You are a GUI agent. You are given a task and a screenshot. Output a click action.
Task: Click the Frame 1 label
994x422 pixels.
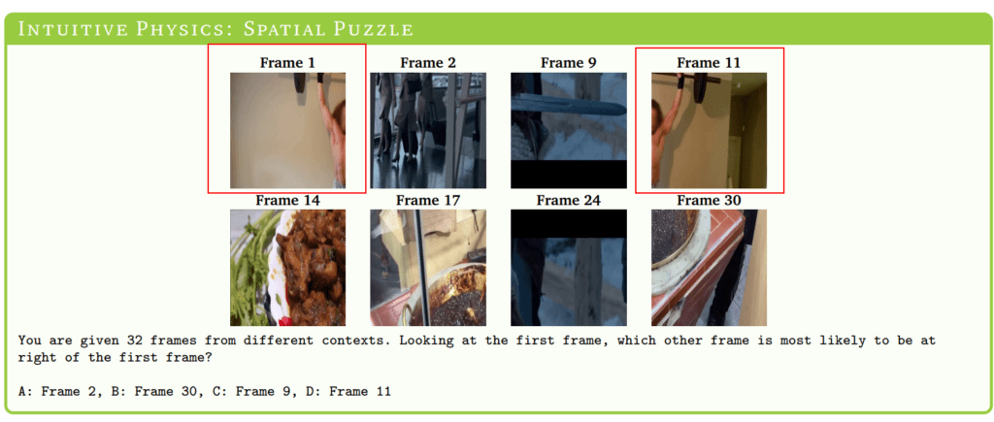click(x=287, y=63)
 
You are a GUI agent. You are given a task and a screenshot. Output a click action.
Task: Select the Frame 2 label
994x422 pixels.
click(x=428, y=63)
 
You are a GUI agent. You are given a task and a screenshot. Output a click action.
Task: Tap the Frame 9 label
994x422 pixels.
click(x=568, y=63)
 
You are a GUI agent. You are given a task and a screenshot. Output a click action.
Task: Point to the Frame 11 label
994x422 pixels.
click(x=709, y=63)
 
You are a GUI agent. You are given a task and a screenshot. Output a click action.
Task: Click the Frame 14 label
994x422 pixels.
click(x=287, y=200)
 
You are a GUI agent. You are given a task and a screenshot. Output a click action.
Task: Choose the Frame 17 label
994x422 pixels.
click(x=428, y=200)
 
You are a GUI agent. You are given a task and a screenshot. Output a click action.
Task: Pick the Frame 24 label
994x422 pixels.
click(x=568, y=200)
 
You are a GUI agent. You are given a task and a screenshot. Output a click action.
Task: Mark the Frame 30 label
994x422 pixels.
click(x=709, y=200)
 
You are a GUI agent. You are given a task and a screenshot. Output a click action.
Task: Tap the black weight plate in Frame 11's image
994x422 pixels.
click(x=701, y=86)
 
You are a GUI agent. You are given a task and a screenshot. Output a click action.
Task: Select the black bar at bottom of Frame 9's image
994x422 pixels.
click(x=569, y=175)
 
